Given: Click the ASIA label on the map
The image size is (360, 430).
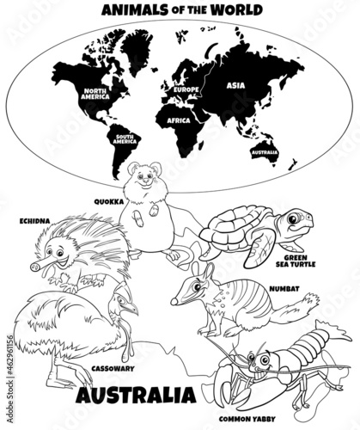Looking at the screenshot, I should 235,86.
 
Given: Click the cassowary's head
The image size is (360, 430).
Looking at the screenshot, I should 126,302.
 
